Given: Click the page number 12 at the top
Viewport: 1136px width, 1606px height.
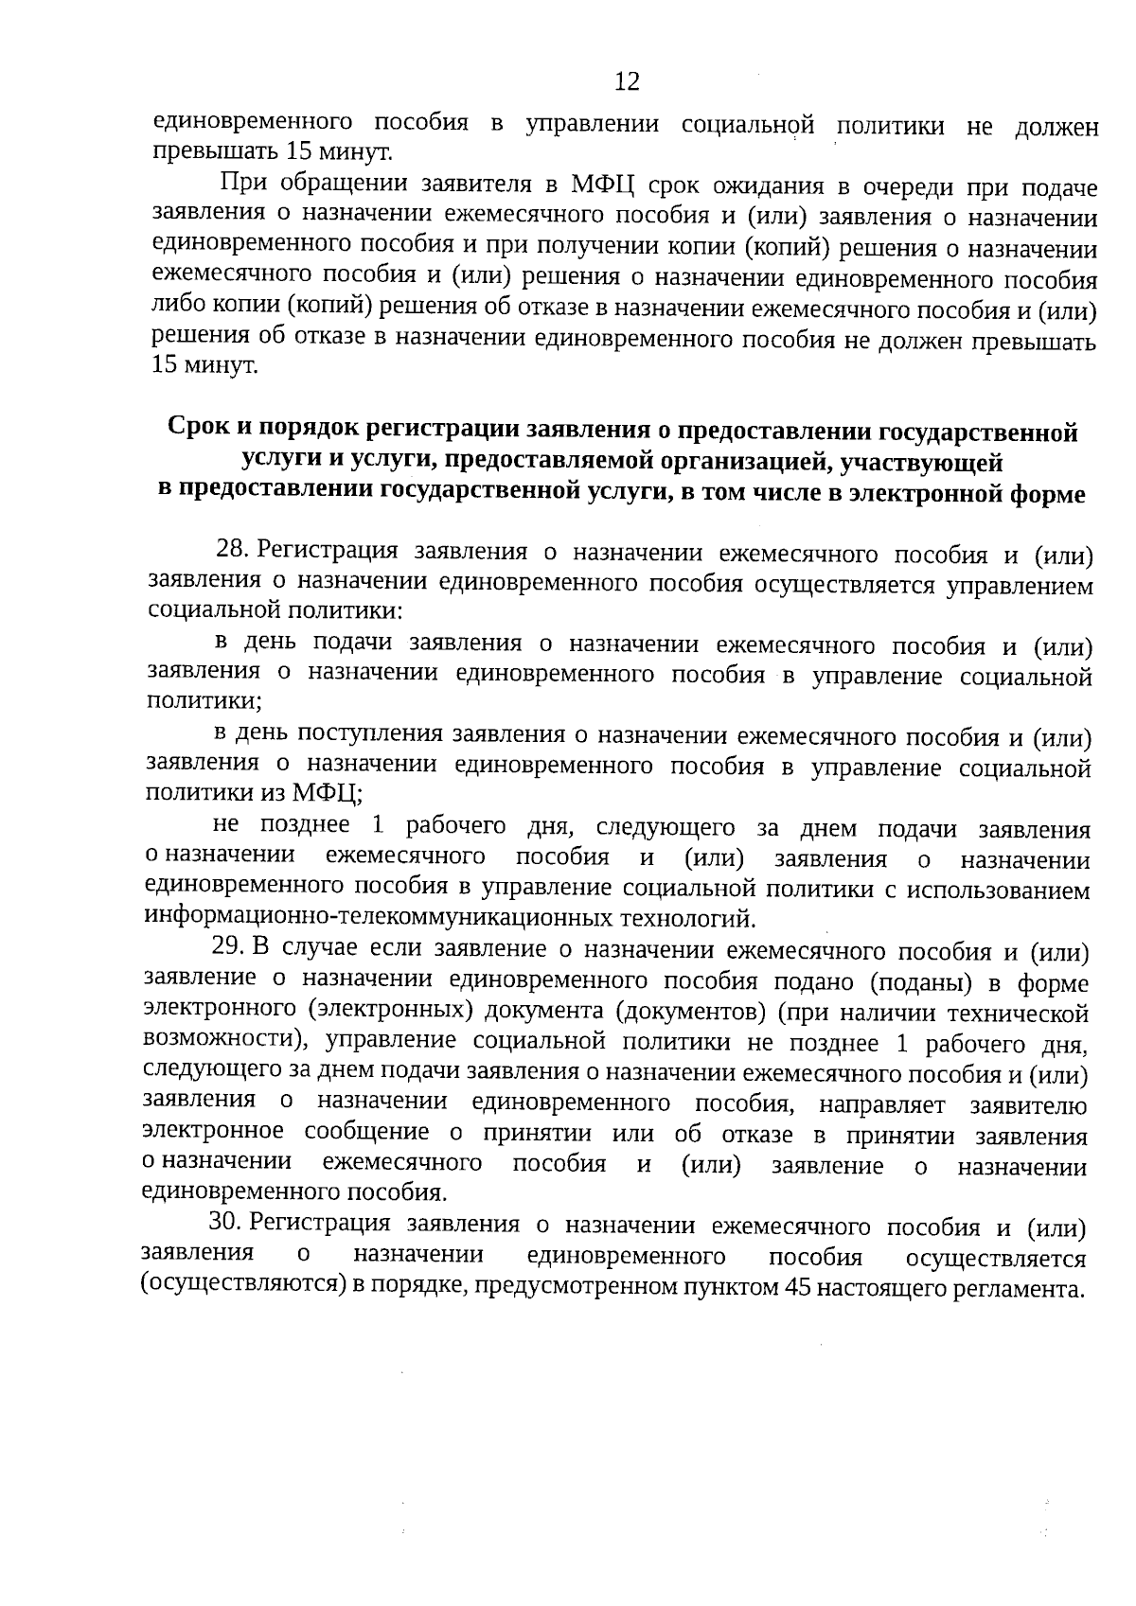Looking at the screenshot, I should pyautogui.click(x=627, y=81).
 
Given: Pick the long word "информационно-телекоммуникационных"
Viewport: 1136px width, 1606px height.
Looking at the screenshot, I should pyautogui.click(x=380, y=917).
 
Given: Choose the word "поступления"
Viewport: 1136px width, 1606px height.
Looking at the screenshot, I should pyautogui.click(x=371, y=733).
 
